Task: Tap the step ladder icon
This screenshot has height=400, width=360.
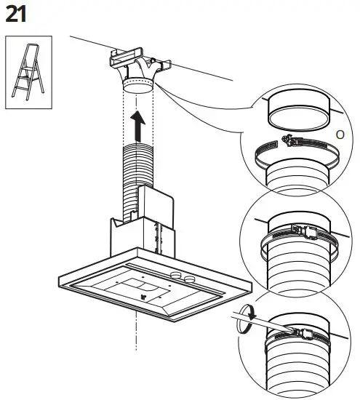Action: tap(25, 73)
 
